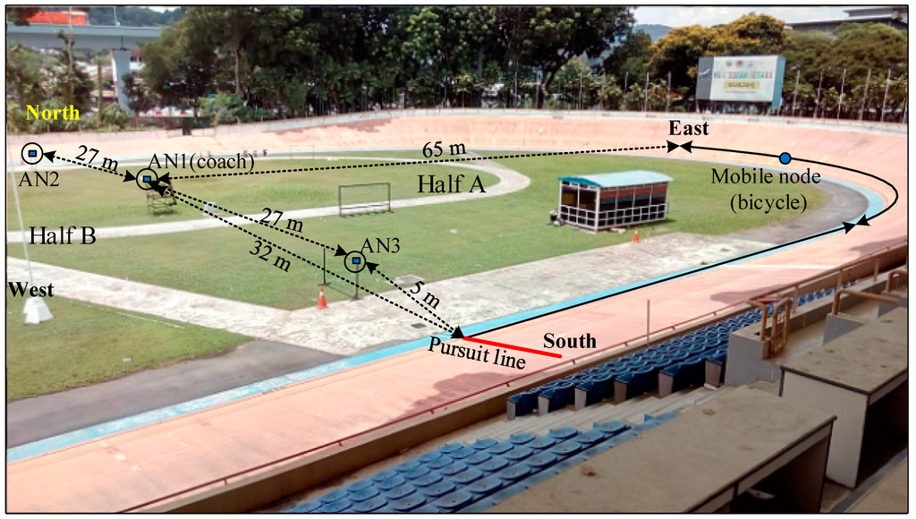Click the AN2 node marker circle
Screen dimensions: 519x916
(31, 154)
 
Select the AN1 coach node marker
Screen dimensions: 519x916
(146, 180)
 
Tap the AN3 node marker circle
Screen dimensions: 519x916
(356, 261)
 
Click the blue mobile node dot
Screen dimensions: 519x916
(785, 158)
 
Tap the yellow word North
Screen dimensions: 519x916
(53, 113)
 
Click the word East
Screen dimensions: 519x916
(689, 129)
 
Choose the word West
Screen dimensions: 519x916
(29, 290)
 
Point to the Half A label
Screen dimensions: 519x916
(450, 184)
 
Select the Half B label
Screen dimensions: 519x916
(63, 235)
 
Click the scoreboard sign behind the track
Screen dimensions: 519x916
(740, 78)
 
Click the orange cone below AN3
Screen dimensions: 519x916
(322, 298)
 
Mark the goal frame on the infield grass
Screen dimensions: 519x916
(364, 198)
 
